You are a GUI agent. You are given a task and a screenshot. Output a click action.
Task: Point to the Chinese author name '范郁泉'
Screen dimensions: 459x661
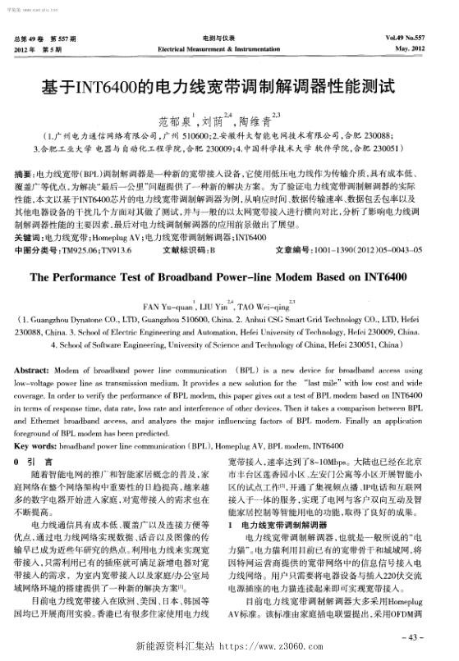174,116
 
